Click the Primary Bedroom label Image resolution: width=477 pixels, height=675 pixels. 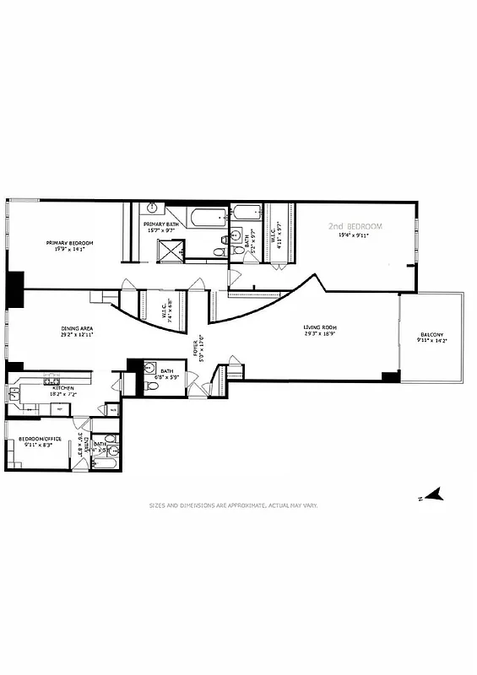(x=69, y=243)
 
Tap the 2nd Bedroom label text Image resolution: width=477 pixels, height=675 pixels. (x=355, y=227)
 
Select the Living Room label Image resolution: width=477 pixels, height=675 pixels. (x=321, y=327)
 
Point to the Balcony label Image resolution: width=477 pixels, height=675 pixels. (x=431, y=337)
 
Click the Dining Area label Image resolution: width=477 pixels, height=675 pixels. (x=76, y=329)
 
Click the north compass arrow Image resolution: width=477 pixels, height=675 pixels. (x=432, y=495)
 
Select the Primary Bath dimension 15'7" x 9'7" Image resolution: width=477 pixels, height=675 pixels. (x=159, y=230)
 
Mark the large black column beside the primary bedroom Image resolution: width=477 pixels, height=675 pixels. (x=14, y=289)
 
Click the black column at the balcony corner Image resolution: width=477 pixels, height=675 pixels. (x=388, y=376)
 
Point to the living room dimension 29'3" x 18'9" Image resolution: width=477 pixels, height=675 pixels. (x=321, y=335)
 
